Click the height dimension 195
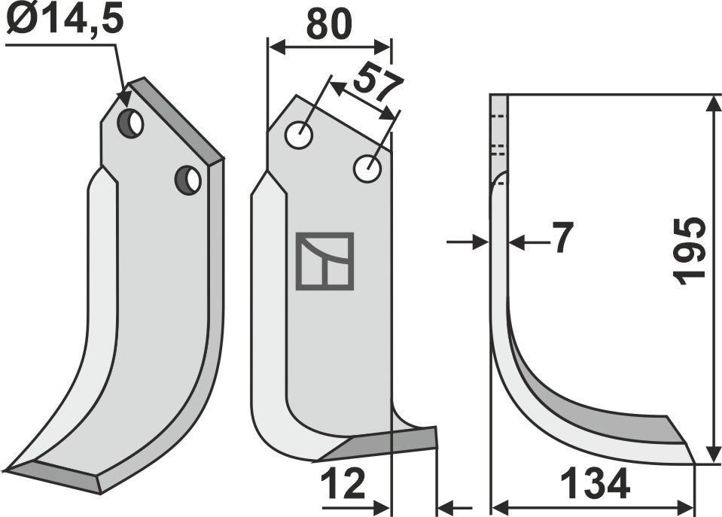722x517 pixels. point(691,251)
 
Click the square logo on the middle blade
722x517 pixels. point(324,261)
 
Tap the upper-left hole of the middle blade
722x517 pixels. point(300,135)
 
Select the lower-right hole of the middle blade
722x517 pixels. point(367,169)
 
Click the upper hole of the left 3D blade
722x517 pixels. point(131,123)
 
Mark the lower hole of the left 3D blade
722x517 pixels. point(187,179)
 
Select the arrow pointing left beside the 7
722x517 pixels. point(518,242)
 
